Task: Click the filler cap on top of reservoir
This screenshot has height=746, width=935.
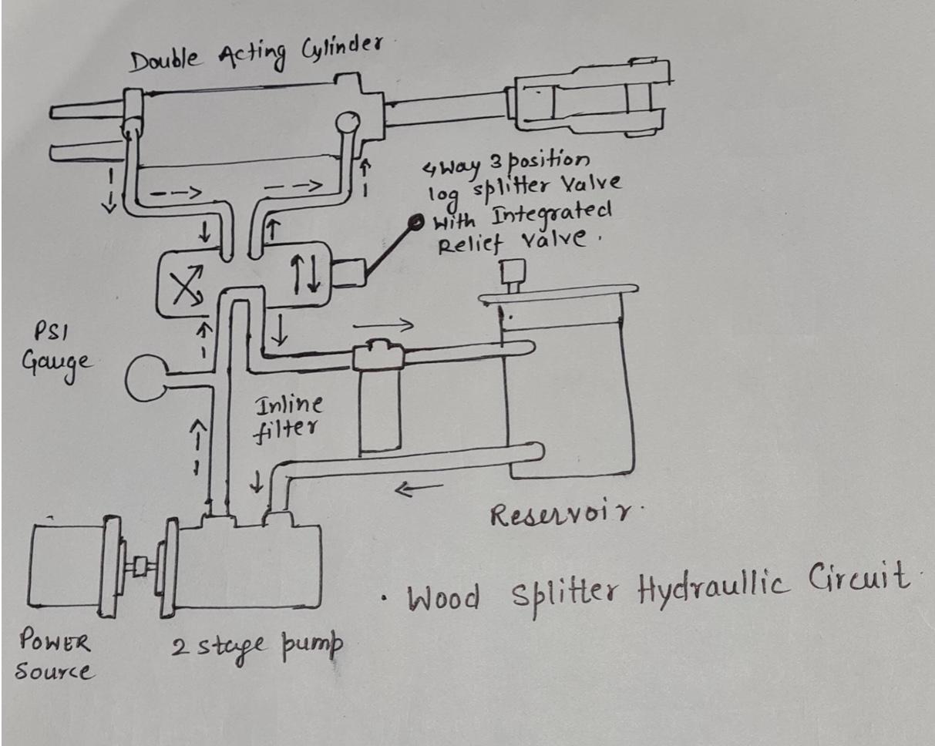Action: coord(510,274)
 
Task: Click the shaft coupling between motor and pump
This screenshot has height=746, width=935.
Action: coord(140,567)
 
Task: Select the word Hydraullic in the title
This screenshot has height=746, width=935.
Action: coord(720,588)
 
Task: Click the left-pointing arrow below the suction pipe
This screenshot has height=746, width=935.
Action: coord(419,488)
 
